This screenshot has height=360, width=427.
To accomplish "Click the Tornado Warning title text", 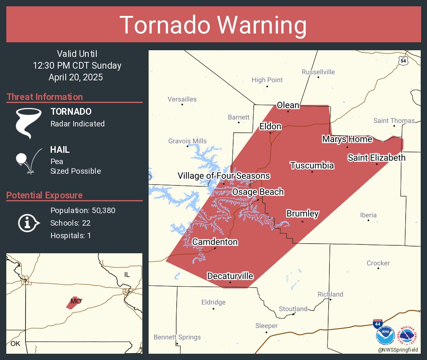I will (x=213, y=25).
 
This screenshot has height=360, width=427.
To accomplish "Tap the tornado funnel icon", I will (x=28, y=123).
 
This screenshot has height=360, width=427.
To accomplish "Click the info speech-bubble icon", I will (x=28, y=223).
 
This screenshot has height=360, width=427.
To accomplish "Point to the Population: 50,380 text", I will (x=82, y=210).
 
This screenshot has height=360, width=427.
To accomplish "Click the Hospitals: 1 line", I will (x=70, y=235).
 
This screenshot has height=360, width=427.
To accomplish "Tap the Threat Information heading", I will (x=45, y=97).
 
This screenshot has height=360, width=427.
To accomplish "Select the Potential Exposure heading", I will (x=44, y=195).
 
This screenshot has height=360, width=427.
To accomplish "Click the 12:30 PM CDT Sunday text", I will (x=77, y=65).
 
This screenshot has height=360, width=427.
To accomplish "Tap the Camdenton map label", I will (x=215, y=242).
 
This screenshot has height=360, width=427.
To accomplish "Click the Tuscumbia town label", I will (x=312, y=165).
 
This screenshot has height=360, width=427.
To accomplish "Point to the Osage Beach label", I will (x=258, y=192).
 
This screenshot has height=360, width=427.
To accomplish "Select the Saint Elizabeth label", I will (x=376, y=157).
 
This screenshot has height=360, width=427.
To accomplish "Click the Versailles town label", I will (x=182, y=99).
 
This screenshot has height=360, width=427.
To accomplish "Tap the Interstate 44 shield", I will (x=377, y=323).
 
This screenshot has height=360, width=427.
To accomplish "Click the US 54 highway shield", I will (x=403, y=61).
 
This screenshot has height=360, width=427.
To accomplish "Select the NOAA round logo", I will (x=385, y=336).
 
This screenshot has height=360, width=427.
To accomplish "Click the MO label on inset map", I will (x=75, y=301).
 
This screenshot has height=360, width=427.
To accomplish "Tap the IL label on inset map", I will (x=127, y=275).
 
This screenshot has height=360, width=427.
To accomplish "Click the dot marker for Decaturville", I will (x=230, y=282).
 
